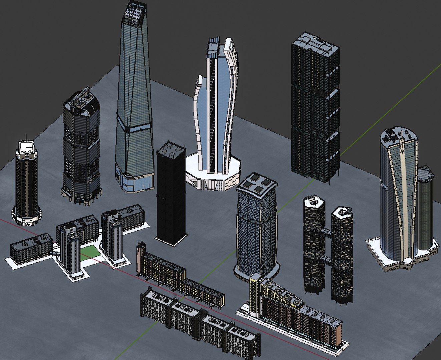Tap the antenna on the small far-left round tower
[26, 137]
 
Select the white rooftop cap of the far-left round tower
[27, 147]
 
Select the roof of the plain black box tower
[170, 150]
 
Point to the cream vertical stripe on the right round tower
[403, 200]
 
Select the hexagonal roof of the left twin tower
[314, 201]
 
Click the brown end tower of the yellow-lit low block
[141, 258]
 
